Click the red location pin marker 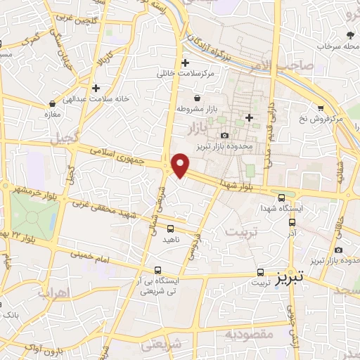tap(180, 165)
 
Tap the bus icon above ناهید tap(170, 228)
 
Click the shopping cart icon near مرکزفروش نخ tap(321, 108)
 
